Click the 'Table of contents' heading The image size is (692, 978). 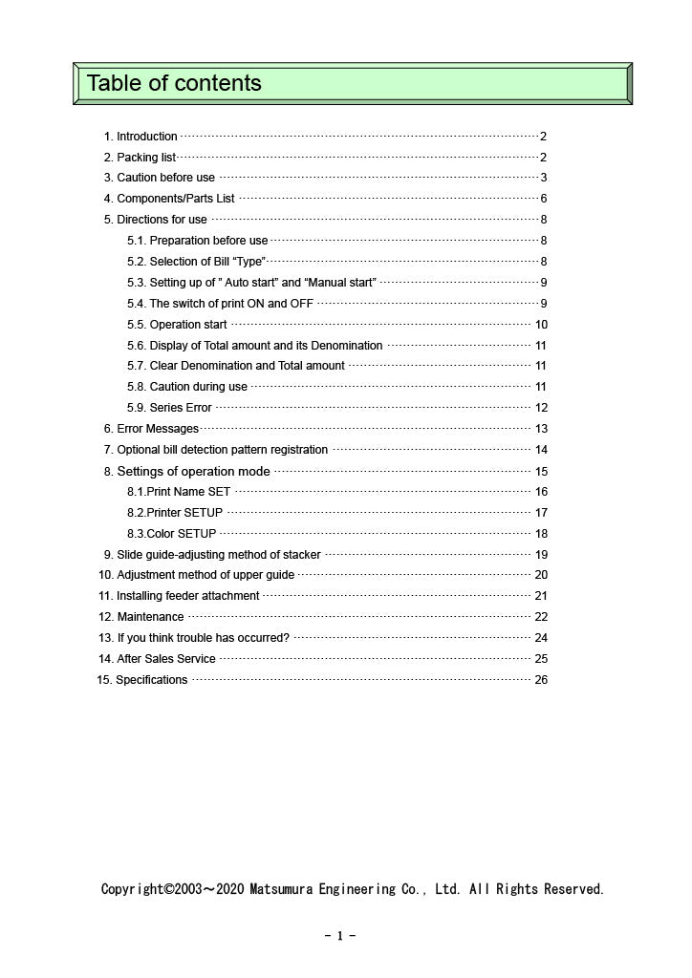pos(174,83)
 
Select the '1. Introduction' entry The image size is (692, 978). pos(141,137)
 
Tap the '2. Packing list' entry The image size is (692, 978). pos(140,158)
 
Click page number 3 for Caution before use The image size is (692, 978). pos(543,178)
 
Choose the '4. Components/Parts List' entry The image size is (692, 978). pos(169,199)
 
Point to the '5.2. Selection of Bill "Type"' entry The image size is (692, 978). pos(196,262)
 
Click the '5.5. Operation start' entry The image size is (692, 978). pos(177,325)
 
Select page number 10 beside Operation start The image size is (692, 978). pos(541,325)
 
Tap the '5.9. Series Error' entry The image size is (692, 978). pos(169,408)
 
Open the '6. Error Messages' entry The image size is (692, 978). pos(151,429)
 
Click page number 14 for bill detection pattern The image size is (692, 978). pos(541,450)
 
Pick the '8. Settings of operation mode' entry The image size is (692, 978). pos(187,471)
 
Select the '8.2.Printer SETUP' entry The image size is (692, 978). pos(175,513)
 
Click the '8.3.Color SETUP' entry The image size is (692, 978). pos(171,534)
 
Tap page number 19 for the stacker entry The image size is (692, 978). pos(541,555)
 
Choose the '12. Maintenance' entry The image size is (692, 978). pos(141,617)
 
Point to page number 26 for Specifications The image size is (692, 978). pos(541,680)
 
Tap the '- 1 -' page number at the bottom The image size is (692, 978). pos(340,936)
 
